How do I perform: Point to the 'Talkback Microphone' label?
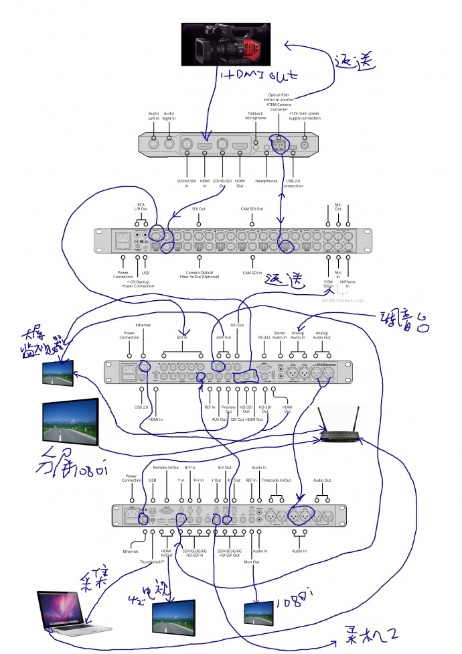256,115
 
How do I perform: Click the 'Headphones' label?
267,180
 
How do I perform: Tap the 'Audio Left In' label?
153,115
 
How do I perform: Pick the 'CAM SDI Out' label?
252,209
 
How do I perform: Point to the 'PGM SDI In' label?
328,284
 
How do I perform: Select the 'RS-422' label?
264,336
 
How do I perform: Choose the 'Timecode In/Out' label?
276,480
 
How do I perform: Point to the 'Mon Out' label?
252,562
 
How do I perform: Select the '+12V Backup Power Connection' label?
140,284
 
